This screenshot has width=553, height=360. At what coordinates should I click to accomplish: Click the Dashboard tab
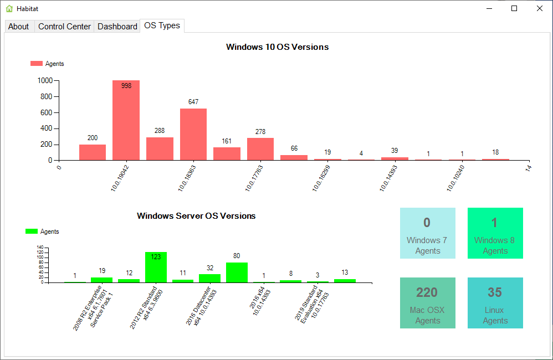(x=117, y=27)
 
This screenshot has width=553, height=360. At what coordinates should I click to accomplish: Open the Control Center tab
(x=64, y=27)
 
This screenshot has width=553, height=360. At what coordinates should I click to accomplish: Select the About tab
(x=19, y=27)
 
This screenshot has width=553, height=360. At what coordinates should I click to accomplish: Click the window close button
(x=539, y=8)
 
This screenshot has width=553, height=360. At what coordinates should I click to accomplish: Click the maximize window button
(x=514, y=8)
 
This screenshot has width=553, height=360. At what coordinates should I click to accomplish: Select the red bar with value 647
(x=193, y=135)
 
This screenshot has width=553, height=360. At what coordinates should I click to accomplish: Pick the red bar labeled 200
(x=93, y=152)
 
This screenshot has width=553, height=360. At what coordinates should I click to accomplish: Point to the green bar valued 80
(x=237, y=272)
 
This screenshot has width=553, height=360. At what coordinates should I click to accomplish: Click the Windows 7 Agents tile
(x=427, y=233)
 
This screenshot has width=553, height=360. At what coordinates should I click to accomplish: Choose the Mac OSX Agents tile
(x=427, y=303)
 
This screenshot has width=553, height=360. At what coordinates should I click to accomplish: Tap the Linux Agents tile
(x=495, y=303)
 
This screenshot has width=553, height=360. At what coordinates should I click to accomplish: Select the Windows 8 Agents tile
(x=495, y=233)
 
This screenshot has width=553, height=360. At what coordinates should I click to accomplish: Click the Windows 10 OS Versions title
(x=277, y=47)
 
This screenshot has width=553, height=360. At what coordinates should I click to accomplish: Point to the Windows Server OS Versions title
(x=196, y=216)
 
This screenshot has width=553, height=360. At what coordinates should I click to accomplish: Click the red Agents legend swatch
(x=37, y=64)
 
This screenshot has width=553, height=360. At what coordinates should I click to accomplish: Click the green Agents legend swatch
(x=32, y=232)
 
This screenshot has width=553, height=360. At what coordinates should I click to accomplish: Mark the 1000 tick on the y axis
(x=45, y=80)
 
